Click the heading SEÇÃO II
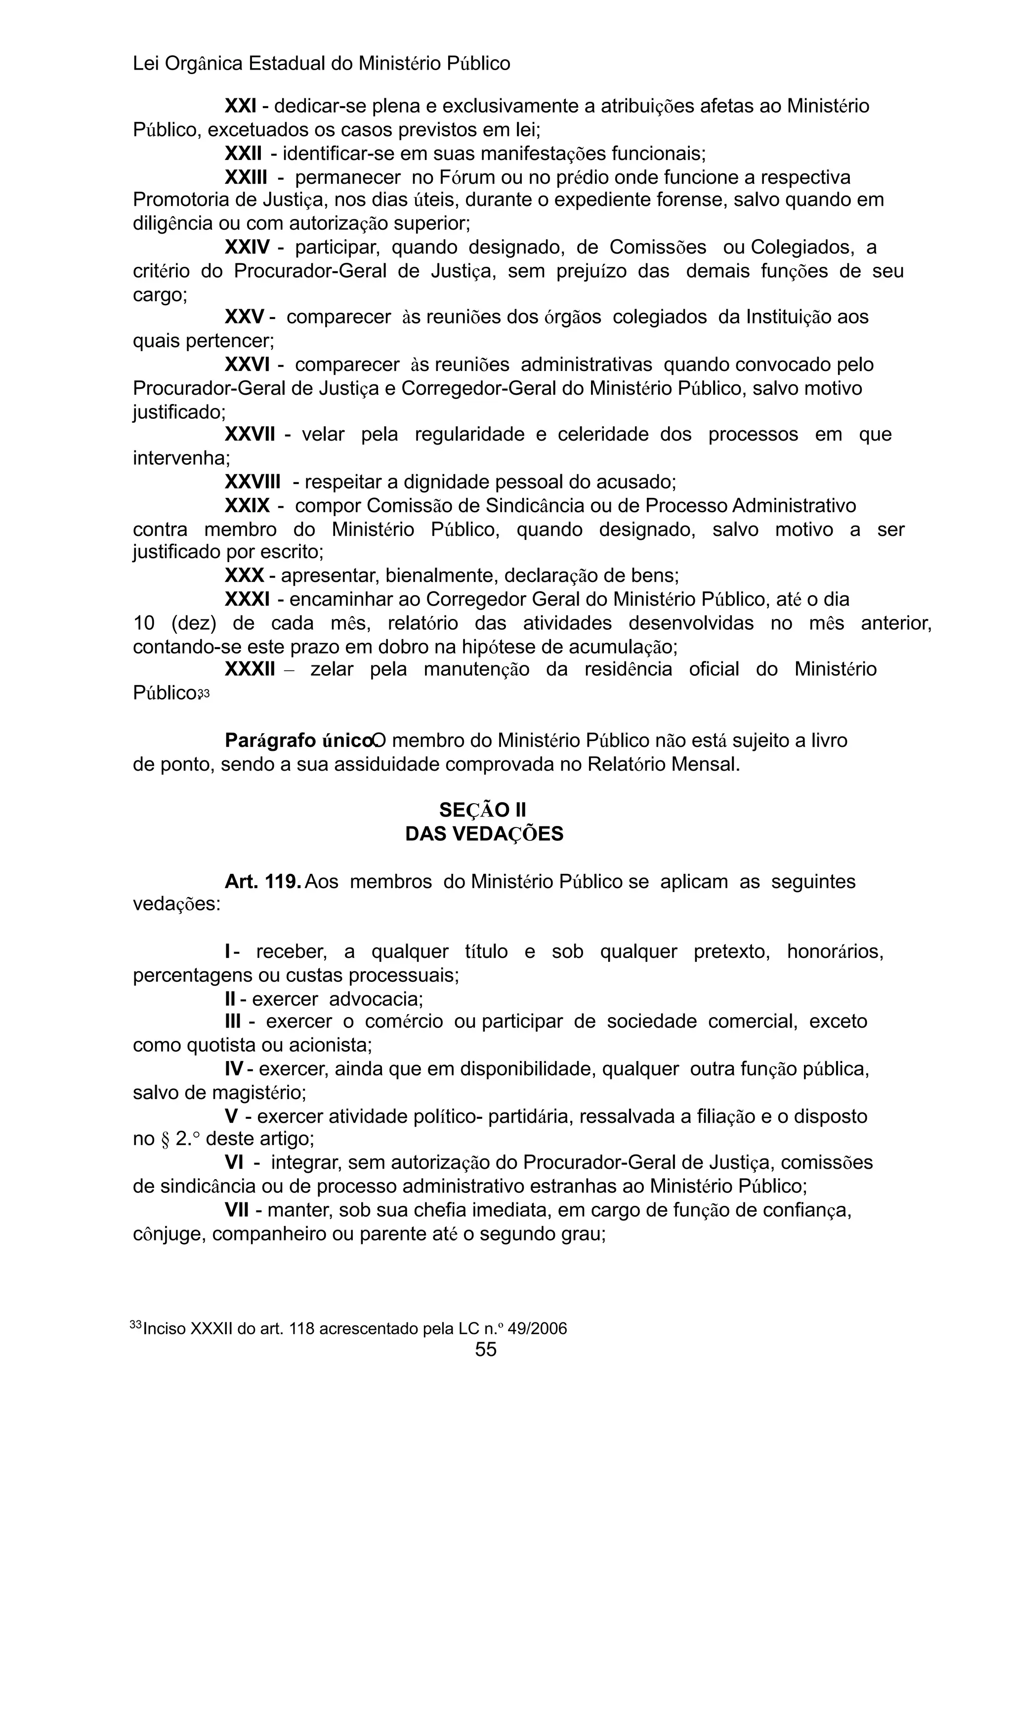(x=483, y=810)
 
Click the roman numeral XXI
(x=241, y=106)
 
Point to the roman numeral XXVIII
(x=253, y=482)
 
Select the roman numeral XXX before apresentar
(x=244, y=575)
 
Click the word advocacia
(x=376, y=999)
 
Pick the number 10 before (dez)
(x=144, y=623)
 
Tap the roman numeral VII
(x=237, y=1210)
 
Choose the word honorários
(x=834, y=952)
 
